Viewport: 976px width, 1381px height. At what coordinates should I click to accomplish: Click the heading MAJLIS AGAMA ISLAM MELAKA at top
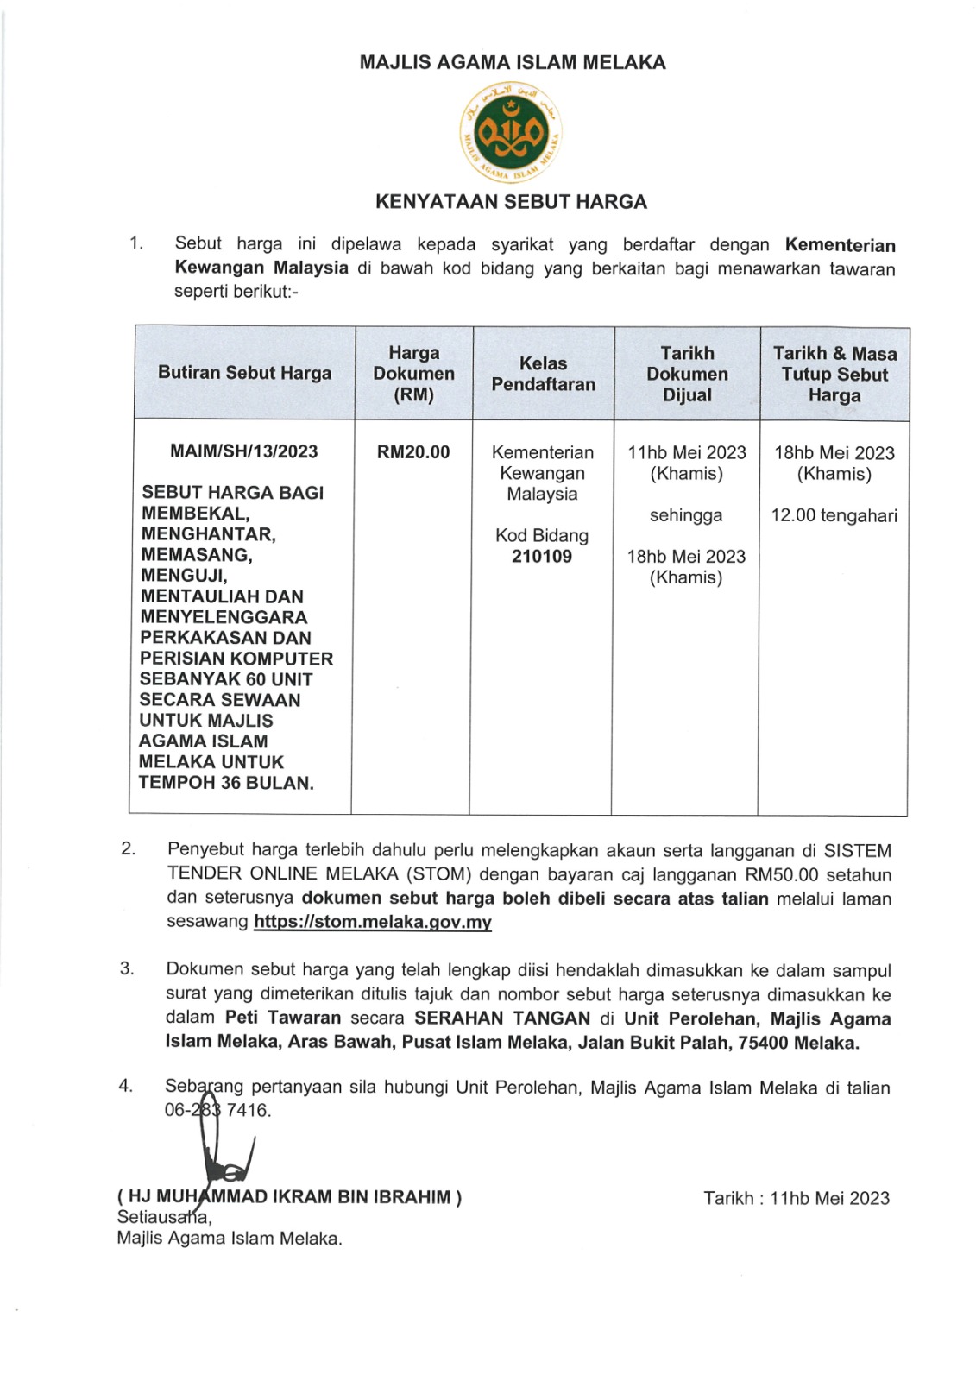[x=513, y=62]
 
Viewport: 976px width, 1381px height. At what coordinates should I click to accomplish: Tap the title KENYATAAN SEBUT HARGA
[x=511, y=202]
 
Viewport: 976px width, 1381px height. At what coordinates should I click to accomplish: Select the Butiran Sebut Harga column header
[x=244, y=373]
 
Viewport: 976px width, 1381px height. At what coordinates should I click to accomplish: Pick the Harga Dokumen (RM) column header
[x=413, y=374]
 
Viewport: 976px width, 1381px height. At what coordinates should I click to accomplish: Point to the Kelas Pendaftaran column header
[x=543, y=374]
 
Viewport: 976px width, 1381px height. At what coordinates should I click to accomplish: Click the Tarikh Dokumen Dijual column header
[x=687, y=374]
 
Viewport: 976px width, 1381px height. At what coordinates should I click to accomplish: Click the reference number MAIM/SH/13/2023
[x=244, y=451]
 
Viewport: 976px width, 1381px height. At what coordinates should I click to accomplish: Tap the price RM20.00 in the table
[x=413, y=452]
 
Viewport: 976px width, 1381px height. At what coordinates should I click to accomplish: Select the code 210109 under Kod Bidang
[x=542, y=557]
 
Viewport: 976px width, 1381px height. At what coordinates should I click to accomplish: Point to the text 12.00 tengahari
[x=834, y=516]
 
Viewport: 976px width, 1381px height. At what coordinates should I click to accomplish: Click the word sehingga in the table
[x=686, y=515]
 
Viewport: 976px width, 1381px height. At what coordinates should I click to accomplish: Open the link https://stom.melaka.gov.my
[x=373, y=922]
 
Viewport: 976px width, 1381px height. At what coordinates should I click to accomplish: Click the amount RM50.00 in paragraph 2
[x=783, y=874]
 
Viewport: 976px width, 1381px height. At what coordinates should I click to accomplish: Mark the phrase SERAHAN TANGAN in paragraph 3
[x=502, y=1018]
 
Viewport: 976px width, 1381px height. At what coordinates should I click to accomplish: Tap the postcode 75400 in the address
[x=763, y=1043]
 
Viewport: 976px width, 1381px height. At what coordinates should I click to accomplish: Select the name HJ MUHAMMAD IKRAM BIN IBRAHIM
[x=289, y=1197]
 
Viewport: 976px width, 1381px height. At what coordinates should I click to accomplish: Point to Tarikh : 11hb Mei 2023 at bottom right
[x=796, y=1198]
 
